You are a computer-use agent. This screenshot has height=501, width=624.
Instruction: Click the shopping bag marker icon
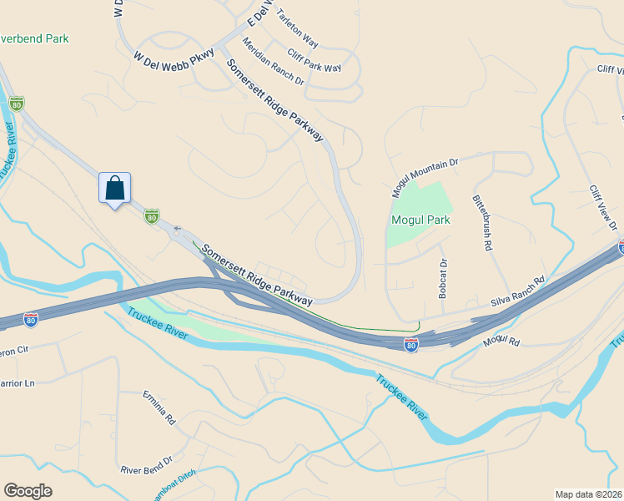(114, 188)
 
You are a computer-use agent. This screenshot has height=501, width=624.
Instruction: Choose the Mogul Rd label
(501, 342)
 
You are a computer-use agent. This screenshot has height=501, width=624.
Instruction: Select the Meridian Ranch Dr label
(273, 60)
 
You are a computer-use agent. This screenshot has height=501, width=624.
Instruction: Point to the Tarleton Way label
(297, 28)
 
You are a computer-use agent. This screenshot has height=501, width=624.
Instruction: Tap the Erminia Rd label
(159, 408)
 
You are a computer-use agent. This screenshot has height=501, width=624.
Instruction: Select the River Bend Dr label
(146, 459)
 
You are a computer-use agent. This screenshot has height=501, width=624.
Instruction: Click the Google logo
(28, 491)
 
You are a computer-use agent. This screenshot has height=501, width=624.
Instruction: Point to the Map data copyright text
(589, 493)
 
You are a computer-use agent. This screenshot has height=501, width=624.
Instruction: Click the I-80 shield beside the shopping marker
(151, 216)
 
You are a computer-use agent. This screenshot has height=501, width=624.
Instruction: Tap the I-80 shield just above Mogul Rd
(410, 343)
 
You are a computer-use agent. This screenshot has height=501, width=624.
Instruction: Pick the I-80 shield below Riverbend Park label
(16, 104)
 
